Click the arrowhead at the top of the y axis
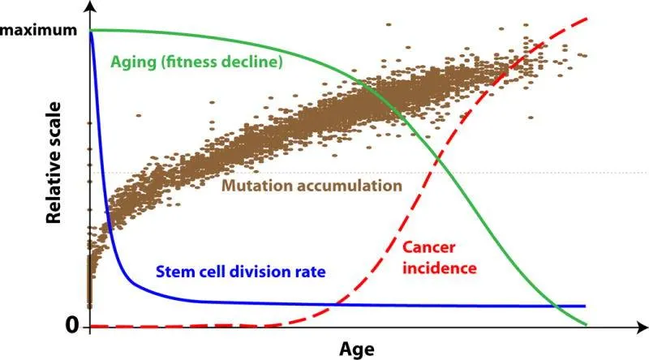pos(88,6)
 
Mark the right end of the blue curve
pos(585,306)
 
